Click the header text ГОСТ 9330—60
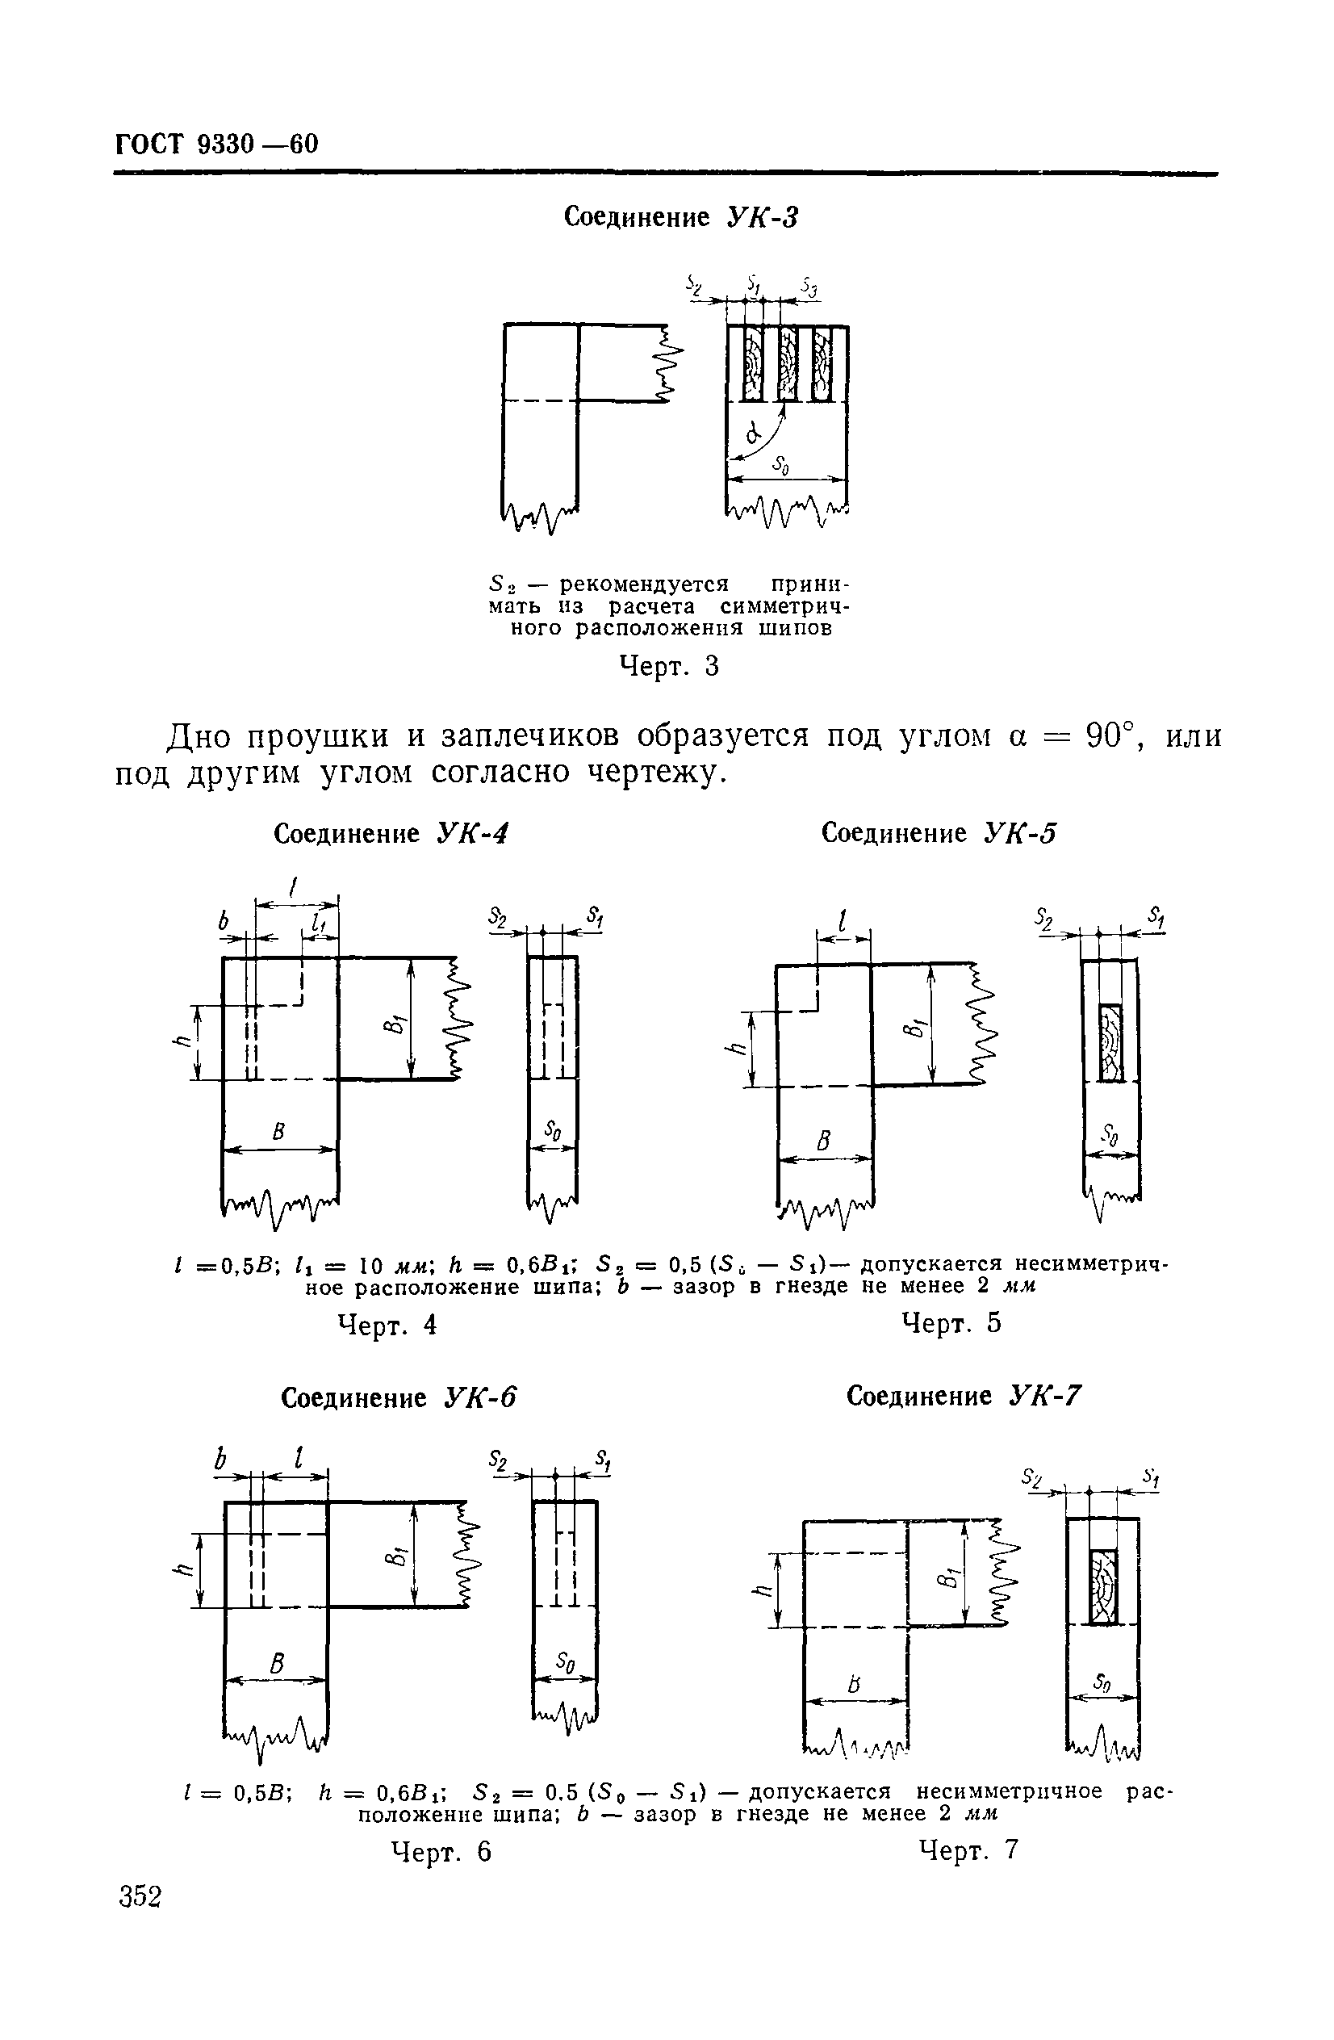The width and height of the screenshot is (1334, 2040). point(217,144)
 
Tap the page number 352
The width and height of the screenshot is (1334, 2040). point(140,1896)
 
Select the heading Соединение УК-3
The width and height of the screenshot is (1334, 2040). point(680,218)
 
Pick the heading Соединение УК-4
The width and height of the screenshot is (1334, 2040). point(391,833)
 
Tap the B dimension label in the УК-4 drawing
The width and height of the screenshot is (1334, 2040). point(278,1133)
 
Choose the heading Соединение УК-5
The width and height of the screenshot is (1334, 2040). point(939,832)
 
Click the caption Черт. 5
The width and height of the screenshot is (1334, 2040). point(951,1323)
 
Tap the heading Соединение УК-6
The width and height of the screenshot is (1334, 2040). point(399,1398)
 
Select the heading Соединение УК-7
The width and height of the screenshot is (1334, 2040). point(964,1397)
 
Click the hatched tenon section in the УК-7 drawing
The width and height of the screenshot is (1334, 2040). point(1103,1586)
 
